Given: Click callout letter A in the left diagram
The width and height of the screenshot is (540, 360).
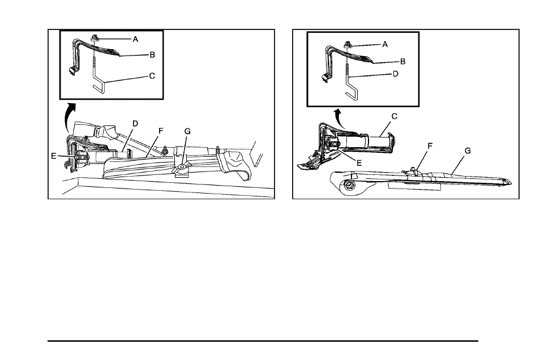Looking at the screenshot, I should tap(135, 40).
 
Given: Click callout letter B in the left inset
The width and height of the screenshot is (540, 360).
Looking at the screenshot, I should tap(152, 55).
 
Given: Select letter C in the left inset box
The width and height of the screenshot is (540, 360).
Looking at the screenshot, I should tap(152, 75).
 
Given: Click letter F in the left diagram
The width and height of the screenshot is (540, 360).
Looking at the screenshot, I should tap(161, 131).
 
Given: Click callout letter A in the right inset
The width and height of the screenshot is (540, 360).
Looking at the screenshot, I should tap(385, 44).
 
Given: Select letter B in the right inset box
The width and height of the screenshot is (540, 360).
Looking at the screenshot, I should tap(402, 61).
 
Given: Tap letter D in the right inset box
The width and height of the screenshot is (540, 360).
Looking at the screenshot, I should tap(396, 74).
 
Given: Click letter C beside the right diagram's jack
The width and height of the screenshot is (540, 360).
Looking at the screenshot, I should tap(394, 117).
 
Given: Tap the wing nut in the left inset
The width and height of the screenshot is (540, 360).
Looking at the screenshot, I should tap(95, 38).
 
